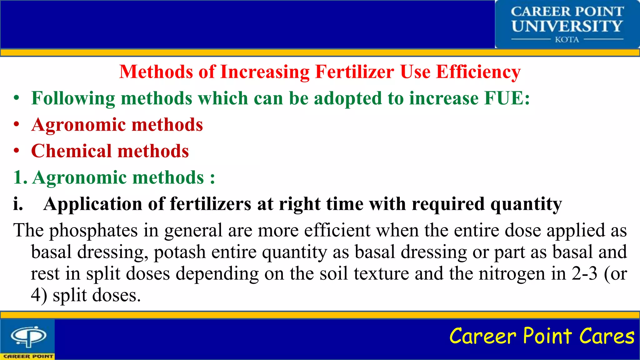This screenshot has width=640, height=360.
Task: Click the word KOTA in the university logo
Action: click(567, 40)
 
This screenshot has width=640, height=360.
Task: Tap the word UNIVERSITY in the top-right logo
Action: click(567, 26)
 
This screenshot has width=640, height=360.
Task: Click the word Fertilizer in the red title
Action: click(355, 72)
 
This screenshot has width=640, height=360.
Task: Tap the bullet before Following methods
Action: click(17, 98)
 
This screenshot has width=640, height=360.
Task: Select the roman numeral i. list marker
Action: click(18, 204)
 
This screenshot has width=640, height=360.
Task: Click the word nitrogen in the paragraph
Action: click(512, 274)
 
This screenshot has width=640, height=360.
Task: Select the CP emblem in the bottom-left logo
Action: click(28, 336)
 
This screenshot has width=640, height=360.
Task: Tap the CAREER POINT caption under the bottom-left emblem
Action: click(28, 356)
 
